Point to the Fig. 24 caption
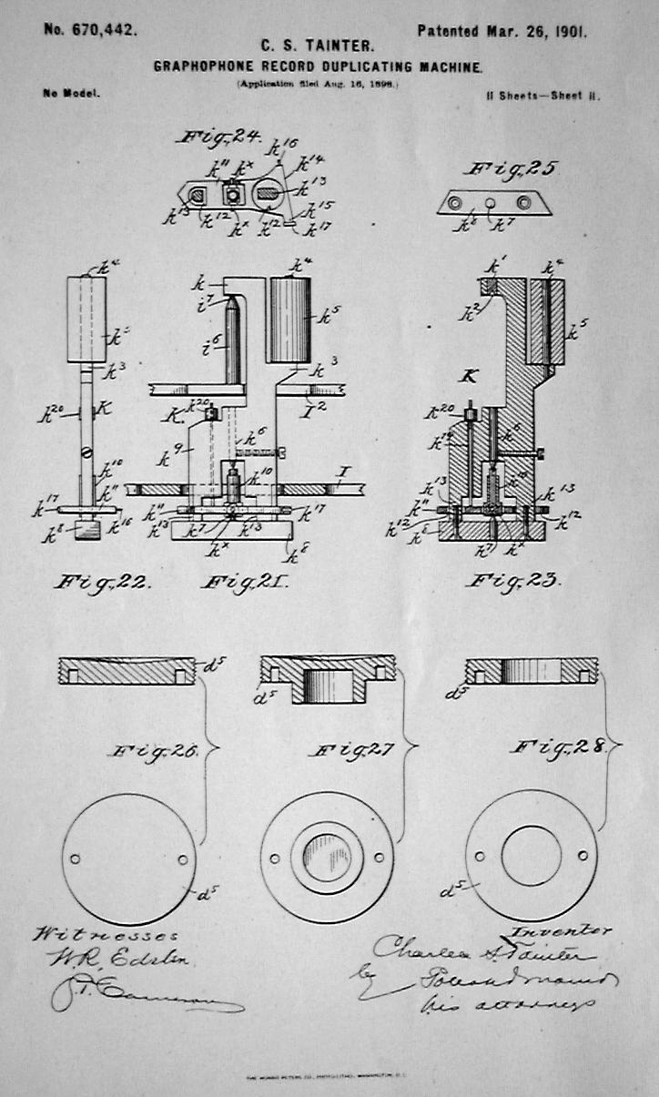click(x=218, y=138)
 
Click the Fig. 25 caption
click(x=511, y=168)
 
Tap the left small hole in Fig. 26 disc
click(x=75, y=858)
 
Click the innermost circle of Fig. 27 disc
click(x=327, y=858)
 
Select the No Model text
click(x=70, y=93)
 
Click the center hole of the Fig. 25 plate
click(x=490, y=201)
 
